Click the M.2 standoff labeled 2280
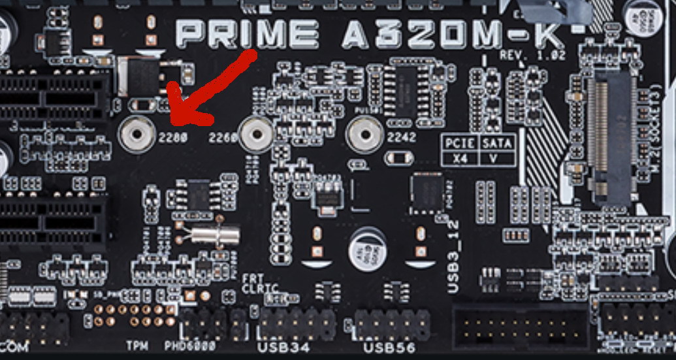138,135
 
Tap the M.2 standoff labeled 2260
257,135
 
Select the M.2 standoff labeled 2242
364,135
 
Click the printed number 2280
173,138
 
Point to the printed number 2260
223,138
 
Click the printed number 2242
401,138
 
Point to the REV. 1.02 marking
532,56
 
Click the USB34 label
284,346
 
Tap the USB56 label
389,347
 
